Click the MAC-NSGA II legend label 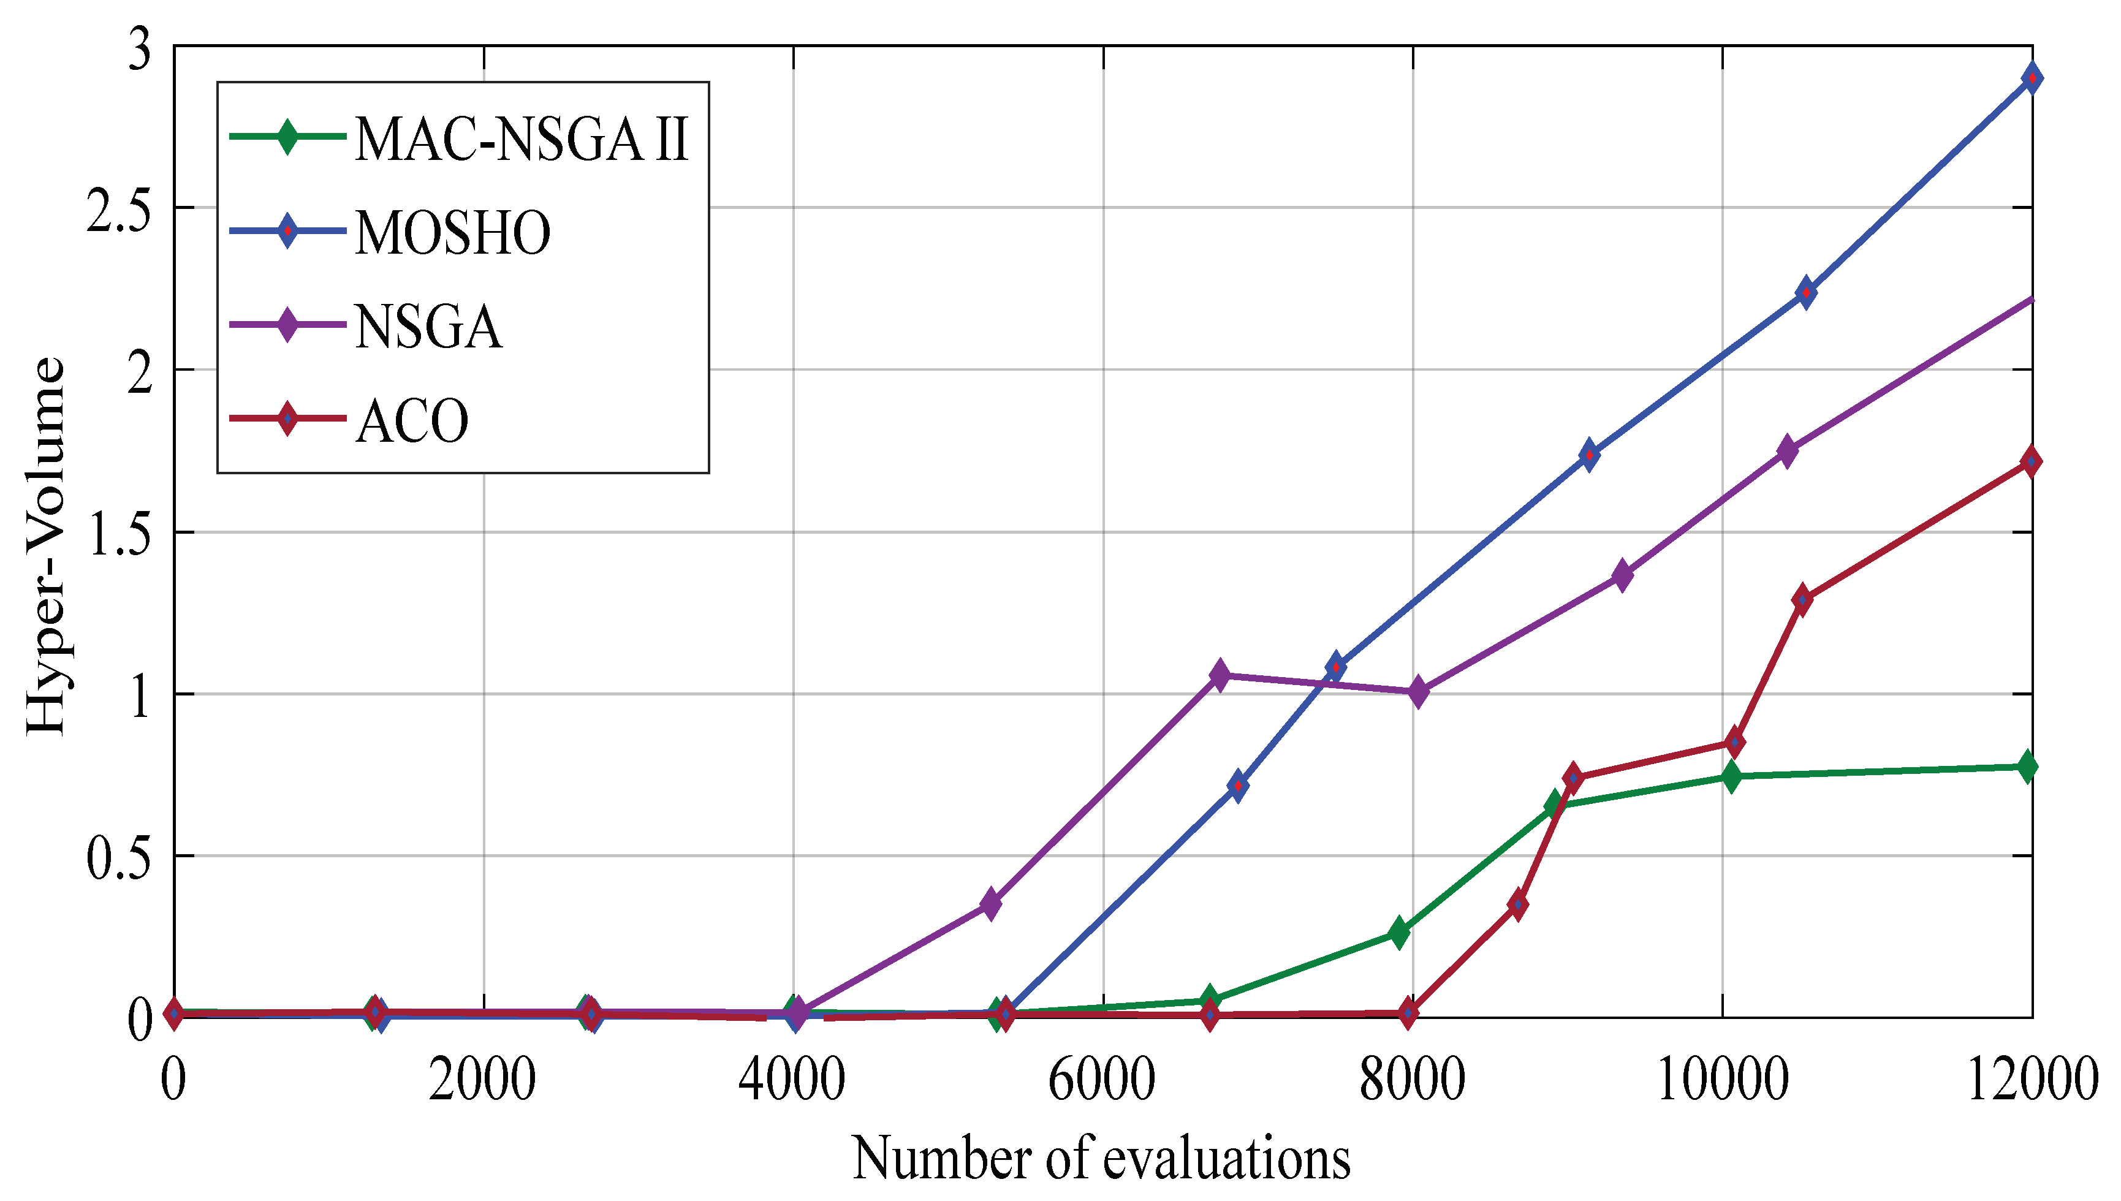(x=522, y=138)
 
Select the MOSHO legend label (x=453, y=233)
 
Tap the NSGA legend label (x=428, y=327)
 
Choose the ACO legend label (x=412, y=421)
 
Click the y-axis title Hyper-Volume (x=45, y=545)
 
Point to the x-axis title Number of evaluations (x=1101, y=1158)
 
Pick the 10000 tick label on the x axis (x=1723, y=1080)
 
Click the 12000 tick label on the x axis (x=2033, y=1080)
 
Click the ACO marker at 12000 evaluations (x=2031, y=462)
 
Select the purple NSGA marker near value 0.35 (x=991, y=903)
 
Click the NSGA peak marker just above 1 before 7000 (x=1220, y=675)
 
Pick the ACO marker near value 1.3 (x=1802, y=600)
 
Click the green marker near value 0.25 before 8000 (x=1397, y=932)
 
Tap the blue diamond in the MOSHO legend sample (x=287, y=231)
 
